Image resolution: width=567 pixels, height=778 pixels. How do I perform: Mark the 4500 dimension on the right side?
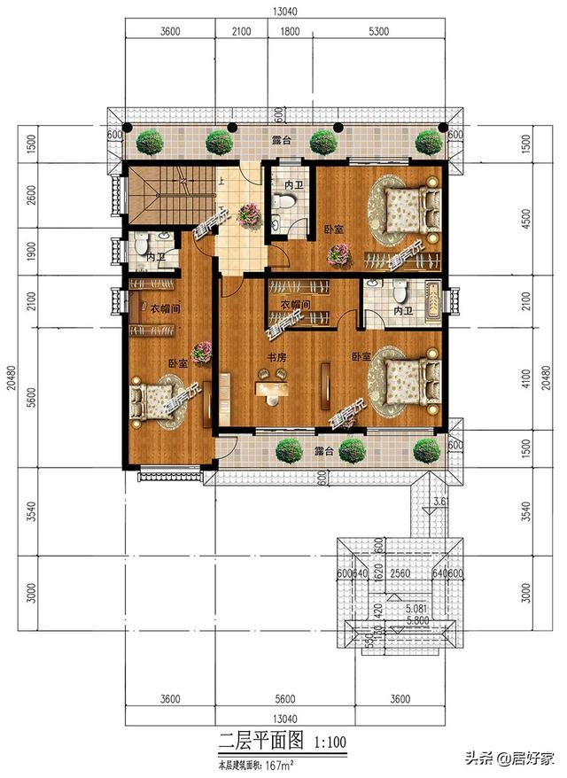click(526, 217)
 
